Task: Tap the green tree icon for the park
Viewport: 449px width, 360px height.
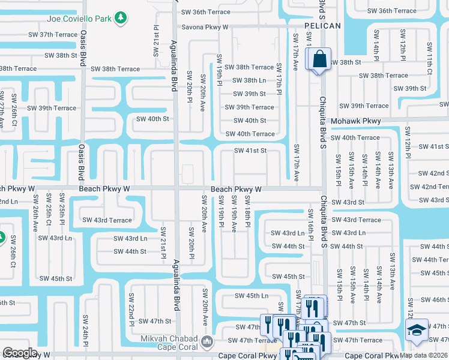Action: tap(122, 18)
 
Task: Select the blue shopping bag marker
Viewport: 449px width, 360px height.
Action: tap(318, 59)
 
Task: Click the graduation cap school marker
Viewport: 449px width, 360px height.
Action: tap(417, 330)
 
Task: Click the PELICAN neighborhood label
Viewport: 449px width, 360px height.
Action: tap(322, 26)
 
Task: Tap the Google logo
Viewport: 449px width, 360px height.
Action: tap(20, 353)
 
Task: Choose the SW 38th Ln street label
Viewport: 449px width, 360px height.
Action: tap(253, 80)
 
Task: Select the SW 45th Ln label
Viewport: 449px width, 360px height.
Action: tap(252, 296)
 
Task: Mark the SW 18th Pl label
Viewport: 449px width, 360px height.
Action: tap(247, 207)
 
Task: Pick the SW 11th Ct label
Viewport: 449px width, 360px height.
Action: tap(430, 54)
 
